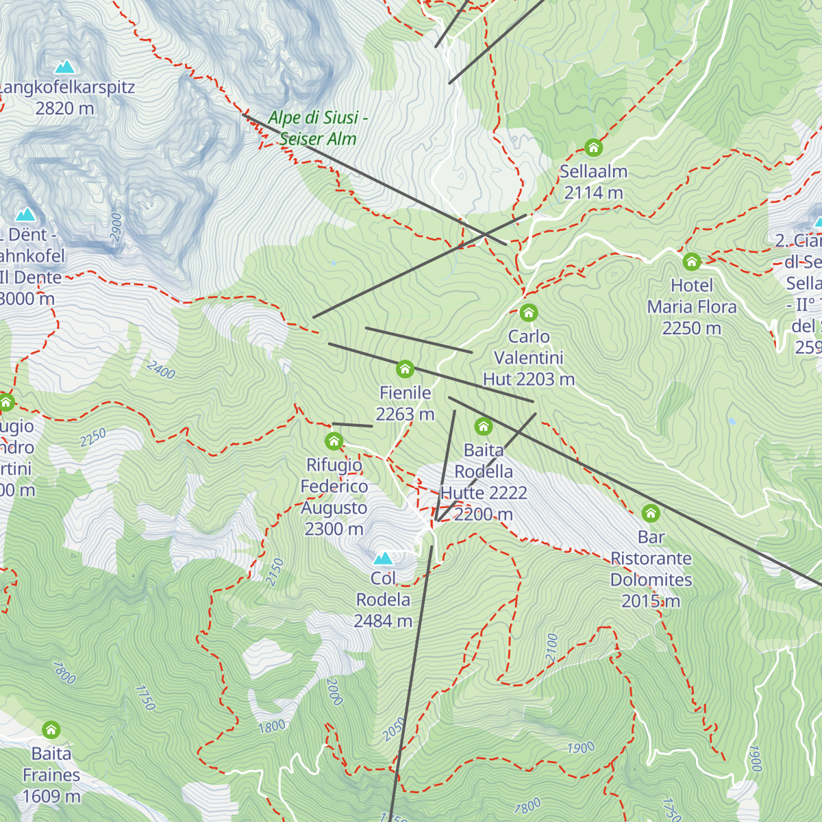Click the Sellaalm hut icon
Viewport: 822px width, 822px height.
pos(593,147)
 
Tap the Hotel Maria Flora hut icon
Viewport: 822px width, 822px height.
pos(692,261)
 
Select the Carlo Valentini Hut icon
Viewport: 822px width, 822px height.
pos(528,313)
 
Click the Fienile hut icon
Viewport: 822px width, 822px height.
pos(405,369)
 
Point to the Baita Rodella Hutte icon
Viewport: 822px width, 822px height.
pos(484,427)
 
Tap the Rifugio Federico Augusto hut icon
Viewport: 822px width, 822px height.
pos(334,440)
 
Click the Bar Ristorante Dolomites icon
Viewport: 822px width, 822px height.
pos(651,513)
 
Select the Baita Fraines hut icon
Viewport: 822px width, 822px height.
pos(51,730)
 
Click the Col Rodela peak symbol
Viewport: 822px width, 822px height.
pos(383,558)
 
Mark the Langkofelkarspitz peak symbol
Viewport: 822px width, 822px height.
pos(64,66)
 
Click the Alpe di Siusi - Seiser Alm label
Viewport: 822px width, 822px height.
pos(318,128)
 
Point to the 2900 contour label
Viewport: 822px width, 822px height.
pos(116,227)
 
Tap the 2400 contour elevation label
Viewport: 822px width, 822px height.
pos(161,371)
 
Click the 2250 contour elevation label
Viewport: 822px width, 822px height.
pos(93,438)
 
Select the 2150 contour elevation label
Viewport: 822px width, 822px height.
pos(275,572)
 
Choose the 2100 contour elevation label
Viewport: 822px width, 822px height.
pos(552,648)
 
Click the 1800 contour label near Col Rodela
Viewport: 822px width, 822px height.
pos(271,726)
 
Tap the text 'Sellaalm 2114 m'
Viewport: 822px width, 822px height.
pos(593,182)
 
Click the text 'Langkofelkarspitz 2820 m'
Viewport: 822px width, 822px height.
pos(66,98)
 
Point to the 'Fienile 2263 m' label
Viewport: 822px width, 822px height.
pos(405,403)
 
